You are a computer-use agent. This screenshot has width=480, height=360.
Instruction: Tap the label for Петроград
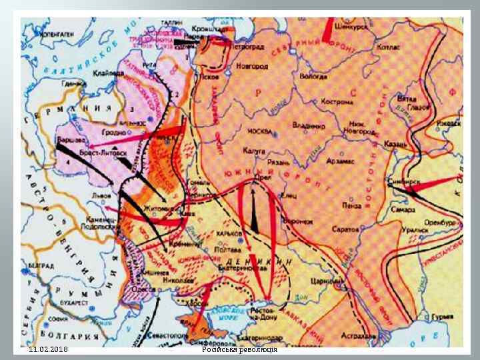(x=247, y=47)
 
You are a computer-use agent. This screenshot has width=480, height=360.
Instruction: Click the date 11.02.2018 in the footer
(x=47, y=349)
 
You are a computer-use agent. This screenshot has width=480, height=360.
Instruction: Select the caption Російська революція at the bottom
(x=239, y=349)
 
